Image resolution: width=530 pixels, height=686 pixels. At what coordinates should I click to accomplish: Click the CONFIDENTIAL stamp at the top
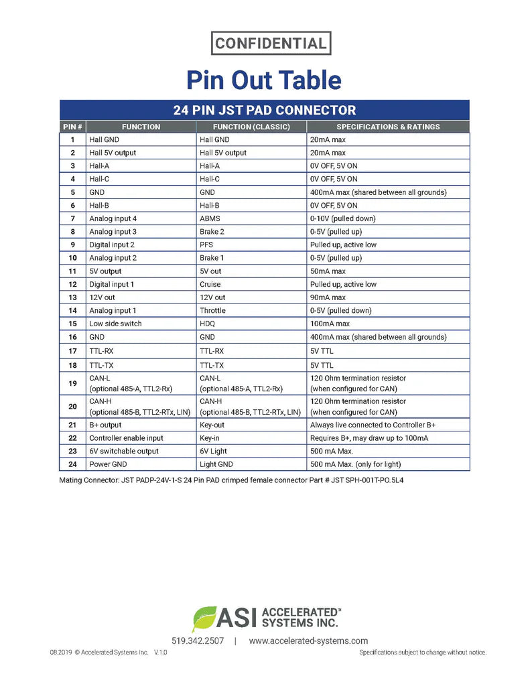271,44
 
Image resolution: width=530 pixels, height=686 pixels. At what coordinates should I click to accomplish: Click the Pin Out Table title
264,80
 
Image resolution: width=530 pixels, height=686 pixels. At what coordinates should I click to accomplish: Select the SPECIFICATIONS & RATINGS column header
388,127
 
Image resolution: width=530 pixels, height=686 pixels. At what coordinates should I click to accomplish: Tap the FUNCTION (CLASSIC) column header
251,127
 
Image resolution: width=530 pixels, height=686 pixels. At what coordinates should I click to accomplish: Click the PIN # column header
72,127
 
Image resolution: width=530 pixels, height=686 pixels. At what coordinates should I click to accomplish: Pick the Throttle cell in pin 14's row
212,311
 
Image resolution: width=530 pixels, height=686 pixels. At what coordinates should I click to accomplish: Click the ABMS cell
210,218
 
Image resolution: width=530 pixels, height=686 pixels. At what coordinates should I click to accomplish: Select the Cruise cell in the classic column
211,284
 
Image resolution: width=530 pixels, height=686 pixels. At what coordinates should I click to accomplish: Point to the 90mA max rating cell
328,297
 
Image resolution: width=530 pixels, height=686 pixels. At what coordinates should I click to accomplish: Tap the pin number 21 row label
72,425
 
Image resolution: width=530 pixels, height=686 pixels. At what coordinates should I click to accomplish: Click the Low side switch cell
115,324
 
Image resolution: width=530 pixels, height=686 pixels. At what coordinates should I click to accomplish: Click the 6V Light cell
213,451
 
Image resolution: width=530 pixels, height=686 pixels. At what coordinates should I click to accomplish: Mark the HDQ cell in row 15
208,324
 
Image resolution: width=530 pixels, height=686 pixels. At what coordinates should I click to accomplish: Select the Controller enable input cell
126,438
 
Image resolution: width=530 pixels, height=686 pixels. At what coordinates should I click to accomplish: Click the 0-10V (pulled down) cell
342,218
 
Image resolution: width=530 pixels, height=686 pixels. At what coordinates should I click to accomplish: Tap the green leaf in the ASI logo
204,618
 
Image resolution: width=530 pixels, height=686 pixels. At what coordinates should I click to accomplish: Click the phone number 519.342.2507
198,641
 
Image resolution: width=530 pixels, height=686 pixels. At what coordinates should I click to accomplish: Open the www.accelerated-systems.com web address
308,641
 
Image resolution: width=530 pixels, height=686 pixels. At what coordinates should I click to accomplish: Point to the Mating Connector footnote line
231,480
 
